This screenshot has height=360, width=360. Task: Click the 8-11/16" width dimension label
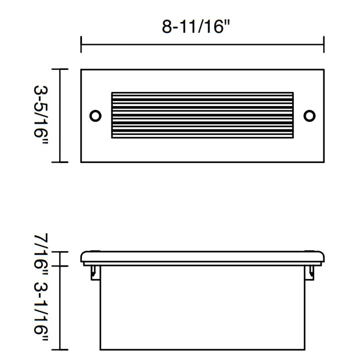[x=196, y=27]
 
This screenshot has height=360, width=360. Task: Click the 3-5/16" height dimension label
[x=41, y=115]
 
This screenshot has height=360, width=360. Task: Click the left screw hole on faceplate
[x=95, y=115]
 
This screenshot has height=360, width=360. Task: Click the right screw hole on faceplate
[x=309, y=115]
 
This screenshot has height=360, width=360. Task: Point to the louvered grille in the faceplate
[x=202, y=115]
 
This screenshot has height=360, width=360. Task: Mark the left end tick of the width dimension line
[x=81, y=44]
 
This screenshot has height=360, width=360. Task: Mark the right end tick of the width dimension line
[x=324, y=44]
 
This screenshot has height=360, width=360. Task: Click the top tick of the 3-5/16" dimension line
[x=61, y=69]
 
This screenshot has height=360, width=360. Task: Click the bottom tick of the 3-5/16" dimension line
[x=61, y=162]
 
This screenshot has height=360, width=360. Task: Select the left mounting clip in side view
[x=95, y=272]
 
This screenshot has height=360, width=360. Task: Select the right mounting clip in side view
[x=310, y=272]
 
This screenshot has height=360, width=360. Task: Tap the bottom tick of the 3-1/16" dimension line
[x=61, y=350]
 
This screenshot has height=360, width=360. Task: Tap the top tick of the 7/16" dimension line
[x=61, y=252]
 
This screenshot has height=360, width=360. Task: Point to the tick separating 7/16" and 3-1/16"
[x=61, y=266]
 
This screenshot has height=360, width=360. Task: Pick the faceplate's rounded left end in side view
[x=83, y=257]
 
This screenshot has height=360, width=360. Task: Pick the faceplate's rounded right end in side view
[x=322, y=257]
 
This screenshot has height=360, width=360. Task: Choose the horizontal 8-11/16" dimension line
[x=202, y=44]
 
